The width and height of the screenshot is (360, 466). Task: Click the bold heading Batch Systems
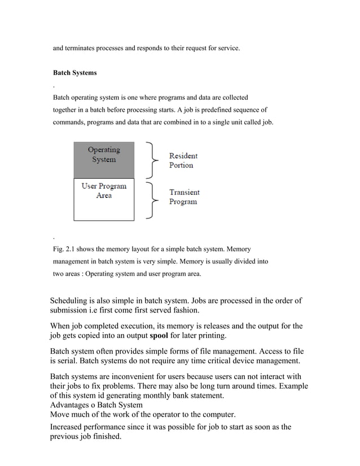(x=74, y=73)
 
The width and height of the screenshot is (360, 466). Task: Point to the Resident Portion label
(x=183, y=160)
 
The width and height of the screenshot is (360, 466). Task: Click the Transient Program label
(x=184, y=197)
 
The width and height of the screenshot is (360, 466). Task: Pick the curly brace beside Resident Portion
(x=151, y=160)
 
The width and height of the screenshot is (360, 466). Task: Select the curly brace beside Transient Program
(x=151, y=200)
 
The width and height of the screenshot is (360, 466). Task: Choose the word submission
(x=72, y=310)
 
